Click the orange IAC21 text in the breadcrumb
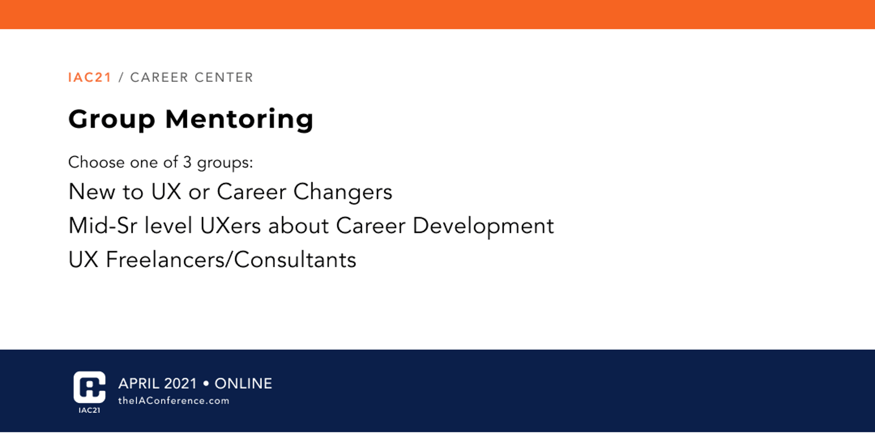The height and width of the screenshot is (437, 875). pos(90,77)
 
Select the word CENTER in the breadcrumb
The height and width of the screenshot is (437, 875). pos(223,77)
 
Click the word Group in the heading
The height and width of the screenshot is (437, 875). pos(112,120)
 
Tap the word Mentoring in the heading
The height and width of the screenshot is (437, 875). pos(239,120)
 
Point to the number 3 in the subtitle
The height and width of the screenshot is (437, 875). pos(187,162)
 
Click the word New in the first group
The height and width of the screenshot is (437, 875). pos(92,192)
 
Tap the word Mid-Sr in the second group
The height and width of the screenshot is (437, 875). pos(103,226)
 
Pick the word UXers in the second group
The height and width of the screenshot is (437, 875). pos(230,226)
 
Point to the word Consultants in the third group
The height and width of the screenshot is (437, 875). pos(295,260)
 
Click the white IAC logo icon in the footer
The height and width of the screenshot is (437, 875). pos(89,387)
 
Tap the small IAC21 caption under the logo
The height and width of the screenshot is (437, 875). pos(89,410)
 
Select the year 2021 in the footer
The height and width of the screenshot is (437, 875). pos(180,384)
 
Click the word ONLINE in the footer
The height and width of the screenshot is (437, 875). pos(243,384)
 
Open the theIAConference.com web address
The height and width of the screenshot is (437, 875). pos(174,401)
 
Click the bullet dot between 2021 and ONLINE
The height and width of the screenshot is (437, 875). pos(206,384)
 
